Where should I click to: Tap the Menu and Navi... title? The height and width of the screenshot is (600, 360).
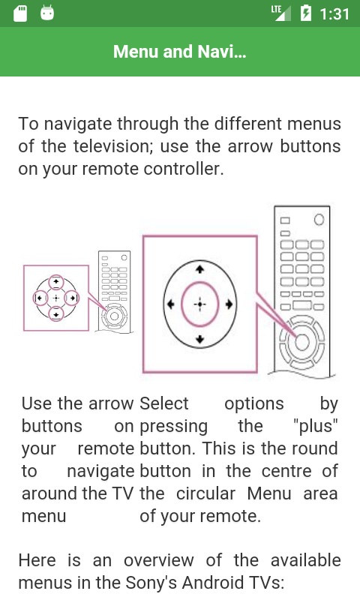click(x=179, y=52)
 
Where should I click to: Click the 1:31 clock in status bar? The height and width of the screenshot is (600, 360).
click(x=334, y=14)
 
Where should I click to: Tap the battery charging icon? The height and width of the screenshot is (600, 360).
click(x=306, y=13)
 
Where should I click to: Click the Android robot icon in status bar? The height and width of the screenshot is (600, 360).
click(x=47, y=13)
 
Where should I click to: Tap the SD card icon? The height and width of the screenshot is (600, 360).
click(x=20, y=13)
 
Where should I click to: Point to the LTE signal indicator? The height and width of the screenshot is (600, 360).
click(x=280, y=13)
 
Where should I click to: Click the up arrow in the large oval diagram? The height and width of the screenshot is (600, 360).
click(x=199, y=269)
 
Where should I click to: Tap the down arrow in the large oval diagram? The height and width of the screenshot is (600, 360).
click(x=199, y=339)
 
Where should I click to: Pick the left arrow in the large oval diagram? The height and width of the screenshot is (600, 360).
click(x=171, y=304)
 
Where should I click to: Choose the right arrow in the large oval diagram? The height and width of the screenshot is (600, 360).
click(x=229, y=304)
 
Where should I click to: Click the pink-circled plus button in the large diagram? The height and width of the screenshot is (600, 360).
click(x=199, y=304)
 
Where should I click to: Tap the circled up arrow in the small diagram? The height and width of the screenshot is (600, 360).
click(x=56, y=283)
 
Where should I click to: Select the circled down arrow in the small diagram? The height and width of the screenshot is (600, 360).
click(x=56, y=314)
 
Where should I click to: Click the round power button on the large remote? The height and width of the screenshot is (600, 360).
click(x=319, y=220)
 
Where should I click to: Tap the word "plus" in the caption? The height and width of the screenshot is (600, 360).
click(x=316, y=426)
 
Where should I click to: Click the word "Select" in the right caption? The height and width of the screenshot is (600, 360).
click(x=164, y=403)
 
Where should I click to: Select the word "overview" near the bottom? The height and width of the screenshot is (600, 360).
click(x=159, y=560)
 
